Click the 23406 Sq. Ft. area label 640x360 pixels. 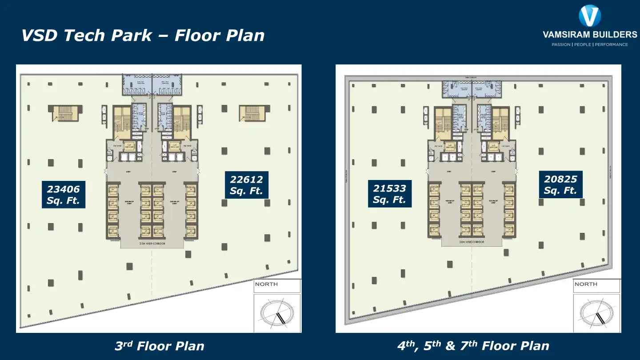[x=64, y=195]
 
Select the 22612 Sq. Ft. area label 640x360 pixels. [x=247, y=185]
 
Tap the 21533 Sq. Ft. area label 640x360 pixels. [x=390, y=194]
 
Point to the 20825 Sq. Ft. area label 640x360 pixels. [x=560, y=184]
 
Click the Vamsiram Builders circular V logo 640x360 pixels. [x=590, y=16]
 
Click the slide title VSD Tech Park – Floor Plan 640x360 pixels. [x=143, y=35]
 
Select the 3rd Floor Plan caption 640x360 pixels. [x=159, y=346]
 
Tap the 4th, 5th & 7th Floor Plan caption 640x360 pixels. [x=473, y=346]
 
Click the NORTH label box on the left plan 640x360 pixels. [x=277, y=285]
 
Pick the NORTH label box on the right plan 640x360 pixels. [x=596, y=285]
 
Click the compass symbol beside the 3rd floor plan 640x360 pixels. [x=277, y=313]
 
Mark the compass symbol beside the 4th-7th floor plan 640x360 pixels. [x=596, y=313]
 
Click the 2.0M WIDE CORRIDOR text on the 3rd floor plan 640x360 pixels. [x=152, y=244]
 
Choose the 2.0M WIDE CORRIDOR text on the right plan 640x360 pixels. [x=472, y=242]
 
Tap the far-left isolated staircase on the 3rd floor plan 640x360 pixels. [x=65, y=114]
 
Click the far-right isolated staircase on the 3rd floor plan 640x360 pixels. [x=252, y=113]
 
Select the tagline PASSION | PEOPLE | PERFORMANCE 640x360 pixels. [x=590, y=44]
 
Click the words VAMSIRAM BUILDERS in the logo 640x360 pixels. [x=590, y=35]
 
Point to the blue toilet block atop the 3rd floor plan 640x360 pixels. [x=152, y=84]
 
